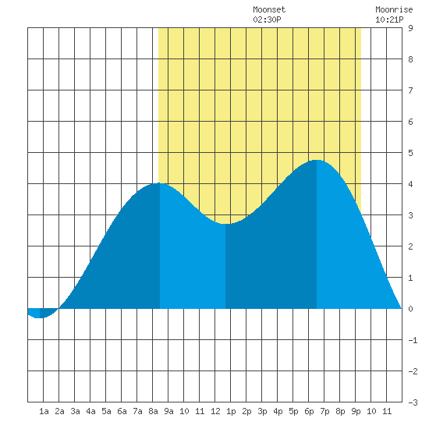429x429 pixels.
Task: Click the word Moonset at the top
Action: (x=269, y=9)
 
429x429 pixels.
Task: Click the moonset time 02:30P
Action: (x=267, y=19)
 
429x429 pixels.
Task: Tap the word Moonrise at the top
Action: (x=394, y=9)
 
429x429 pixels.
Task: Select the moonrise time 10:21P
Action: (x=389, y=19)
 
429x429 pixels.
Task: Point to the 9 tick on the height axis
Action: (x=410, y=28)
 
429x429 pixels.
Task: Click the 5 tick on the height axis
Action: (x=410, y=153)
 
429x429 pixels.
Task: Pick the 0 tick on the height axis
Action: (x=410, y=309)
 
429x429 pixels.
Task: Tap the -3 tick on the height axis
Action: (x=413, y=402)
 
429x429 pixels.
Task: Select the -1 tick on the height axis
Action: (x=413, y=340)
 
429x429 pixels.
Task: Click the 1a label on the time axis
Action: (x=44, y=411)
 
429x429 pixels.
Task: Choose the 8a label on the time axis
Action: (x=153, y=411)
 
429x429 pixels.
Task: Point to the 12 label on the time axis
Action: (x=215, y=411)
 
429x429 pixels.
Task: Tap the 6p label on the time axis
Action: (x=309, y=411)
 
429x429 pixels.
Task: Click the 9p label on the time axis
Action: (x=356, y=411)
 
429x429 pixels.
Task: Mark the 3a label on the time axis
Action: (x=75, y=411)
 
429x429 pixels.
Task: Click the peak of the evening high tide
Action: (x=317, y=160)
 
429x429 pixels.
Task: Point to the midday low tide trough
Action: (x=225, y=224)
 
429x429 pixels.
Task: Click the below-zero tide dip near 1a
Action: (x=40, y=317)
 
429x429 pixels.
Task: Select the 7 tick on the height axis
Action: (x=410, y=90)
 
